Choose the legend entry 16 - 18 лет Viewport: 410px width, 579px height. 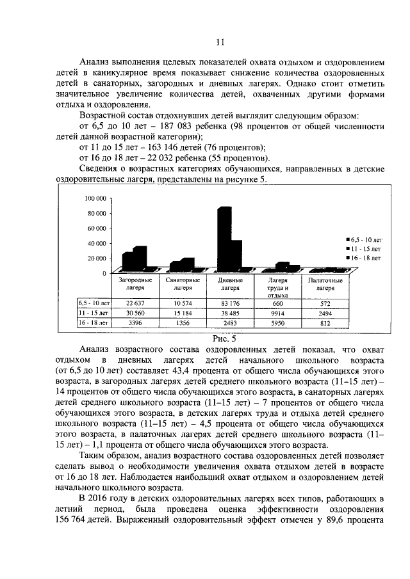366,257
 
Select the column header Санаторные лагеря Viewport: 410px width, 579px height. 183,284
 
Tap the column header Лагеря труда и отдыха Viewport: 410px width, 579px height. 277,287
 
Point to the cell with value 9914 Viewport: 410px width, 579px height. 277,313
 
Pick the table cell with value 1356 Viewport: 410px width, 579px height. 183,324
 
